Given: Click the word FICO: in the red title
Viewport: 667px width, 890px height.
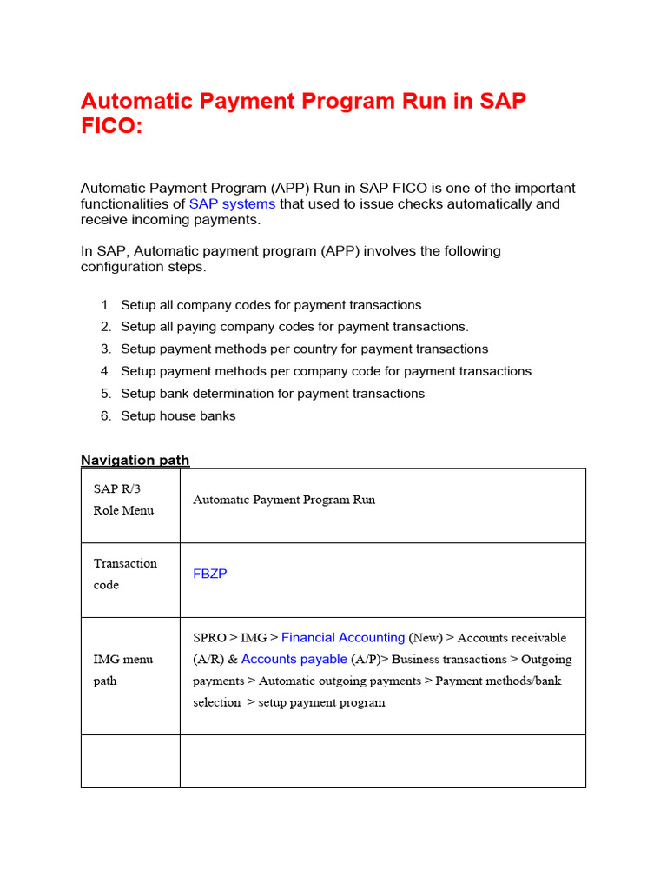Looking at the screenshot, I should tap(110, 126).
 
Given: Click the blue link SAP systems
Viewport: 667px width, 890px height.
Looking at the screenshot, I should tap(232, 203).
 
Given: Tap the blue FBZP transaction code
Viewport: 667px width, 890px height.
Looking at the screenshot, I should tap(210, 574).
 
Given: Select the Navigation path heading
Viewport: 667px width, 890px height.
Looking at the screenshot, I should tap(135, 460).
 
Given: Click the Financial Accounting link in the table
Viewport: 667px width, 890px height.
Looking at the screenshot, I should tap(343, 637).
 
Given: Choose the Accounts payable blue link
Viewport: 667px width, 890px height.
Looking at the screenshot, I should tap(294, 659).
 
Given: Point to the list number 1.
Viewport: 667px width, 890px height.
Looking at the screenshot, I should tap(105, 305).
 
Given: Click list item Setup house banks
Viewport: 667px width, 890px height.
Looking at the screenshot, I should tap(178, 415).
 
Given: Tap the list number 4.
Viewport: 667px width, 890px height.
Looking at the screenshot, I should tap(105, 371).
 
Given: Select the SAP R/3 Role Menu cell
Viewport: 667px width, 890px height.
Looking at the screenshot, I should tap(123, 499).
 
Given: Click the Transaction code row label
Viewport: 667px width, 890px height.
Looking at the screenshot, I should tap(125, 574).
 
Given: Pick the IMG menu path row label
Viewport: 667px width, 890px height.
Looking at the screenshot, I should tap(122, 669).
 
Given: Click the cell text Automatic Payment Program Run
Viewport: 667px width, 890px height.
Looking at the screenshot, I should tap(284, 500).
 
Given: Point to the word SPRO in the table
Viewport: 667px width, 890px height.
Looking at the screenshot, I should tap(208, 638).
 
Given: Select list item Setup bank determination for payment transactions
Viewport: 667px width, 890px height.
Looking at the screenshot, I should tap(273, 394).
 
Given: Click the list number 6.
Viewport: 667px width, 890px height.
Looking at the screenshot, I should tap(105, 415).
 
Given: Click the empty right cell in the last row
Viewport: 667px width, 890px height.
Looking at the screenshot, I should tap(382, 761).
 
